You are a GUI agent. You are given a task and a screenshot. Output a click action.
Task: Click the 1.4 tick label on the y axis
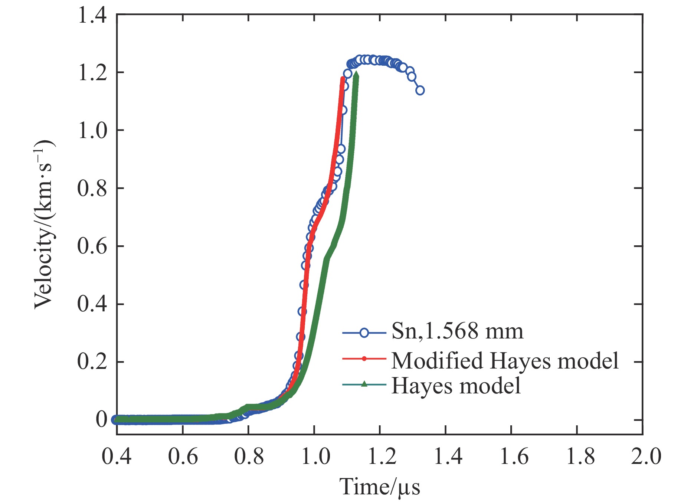(92, 16)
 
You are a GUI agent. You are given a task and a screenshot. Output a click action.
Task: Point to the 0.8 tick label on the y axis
(92, 189)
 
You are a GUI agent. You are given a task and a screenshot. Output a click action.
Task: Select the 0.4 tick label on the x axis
(117, 456)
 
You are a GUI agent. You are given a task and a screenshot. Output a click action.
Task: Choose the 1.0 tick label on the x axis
(315, 456)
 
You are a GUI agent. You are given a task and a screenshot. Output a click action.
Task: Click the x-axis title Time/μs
(380, 487)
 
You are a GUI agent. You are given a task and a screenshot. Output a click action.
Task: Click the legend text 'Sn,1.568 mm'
(457, 331)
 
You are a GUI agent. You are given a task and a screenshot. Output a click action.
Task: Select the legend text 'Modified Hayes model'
(505, 360)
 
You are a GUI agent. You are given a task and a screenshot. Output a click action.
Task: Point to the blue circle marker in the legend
(364, 333)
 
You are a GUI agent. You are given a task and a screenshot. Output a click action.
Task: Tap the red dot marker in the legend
(364, 359)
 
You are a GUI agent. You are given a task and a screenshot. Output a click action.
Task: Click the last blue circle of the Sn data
(420, 90)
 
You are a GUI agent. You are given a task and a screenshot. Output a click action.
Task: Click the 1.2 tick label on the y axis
(92, 73)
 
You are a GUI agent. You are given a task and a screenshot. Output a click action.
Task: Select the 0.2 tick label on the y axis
(92, 362)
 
